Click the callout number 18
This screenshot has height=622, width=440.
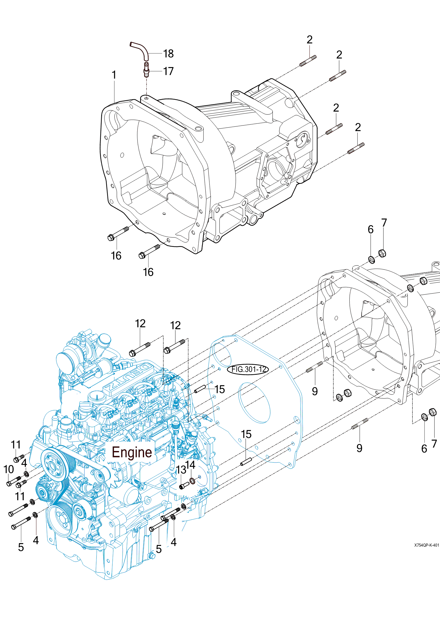(x=168, y=54)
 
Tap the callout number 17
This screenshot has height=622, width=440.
(x=168, y=71)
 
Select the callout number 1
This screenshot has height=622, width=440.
(x=114, y=75)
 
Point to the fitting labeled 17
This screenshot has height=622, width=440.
(x=146, y=69)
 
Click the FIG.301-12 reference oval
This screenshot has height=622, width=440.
(x=248, y=369)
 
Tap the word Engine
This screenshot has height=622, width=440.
(x=132, y=452)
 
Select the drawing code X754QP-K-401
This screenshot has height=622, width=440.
(x=427, y=545)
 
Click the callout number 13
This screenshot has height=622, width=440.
(x=181, y=470)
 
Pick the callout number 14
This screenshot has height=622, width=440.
(x=191, y=465)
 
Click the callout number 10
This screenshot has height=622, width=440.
(x=9, y=469)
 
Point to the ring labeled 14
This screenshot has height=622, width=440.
(x=192, y=481)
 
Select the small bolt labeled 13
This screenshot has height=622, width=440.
(x=184, y=486)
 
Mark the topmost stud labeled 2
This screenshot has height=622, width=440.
(x=308, y=61)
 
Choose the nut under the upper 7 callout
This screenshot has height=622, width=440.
(x=382, y=253)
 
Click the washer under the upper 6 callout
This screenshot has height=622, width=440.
(x=371, y=260)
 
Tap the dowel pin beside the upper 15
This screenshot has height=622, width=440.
(x=200, y=389)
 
